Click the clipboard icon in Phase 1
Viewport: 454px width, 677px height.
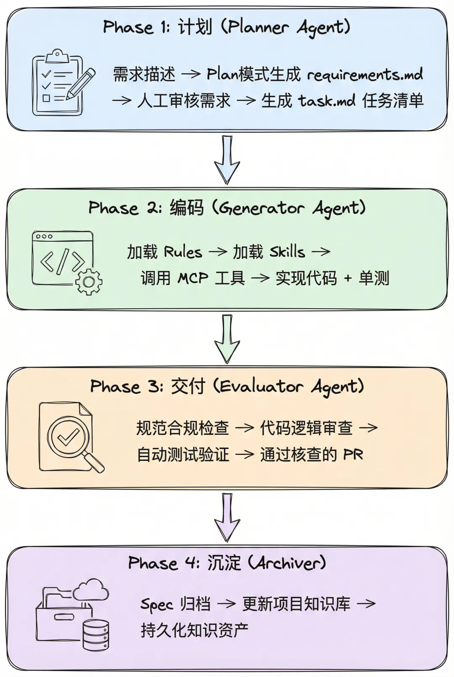(x=58, y=82)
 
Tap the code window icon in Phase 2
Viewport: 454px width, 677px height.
(x=63, y=259)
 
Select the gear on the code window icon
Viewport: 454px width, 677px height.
(x=89, y=282)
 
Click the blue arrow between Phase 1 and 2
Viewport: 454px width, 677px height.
(x=227, y=160)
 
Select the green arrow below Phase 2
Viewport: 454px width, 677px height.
(x=227, y=339)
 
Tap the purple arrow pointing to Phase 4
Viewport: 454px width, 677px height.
(x=227, y=517)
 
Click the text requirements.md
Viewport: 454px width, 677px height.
(x=365, y=74)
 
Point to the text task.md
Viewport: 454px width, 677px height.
(x=327, y=100)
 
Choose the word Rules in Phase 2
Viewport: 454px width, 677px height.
(x=183, y=252)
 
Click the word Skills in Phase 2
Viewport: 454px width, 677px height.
(x=287, y=251)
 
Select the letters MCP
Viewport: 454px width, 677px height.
(x=193, y=278)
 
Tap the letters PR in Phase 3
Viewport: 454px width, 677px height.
(x=353, y=455)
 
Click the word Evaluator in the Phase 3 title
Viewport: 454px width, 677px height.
(x=261, y=386)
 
